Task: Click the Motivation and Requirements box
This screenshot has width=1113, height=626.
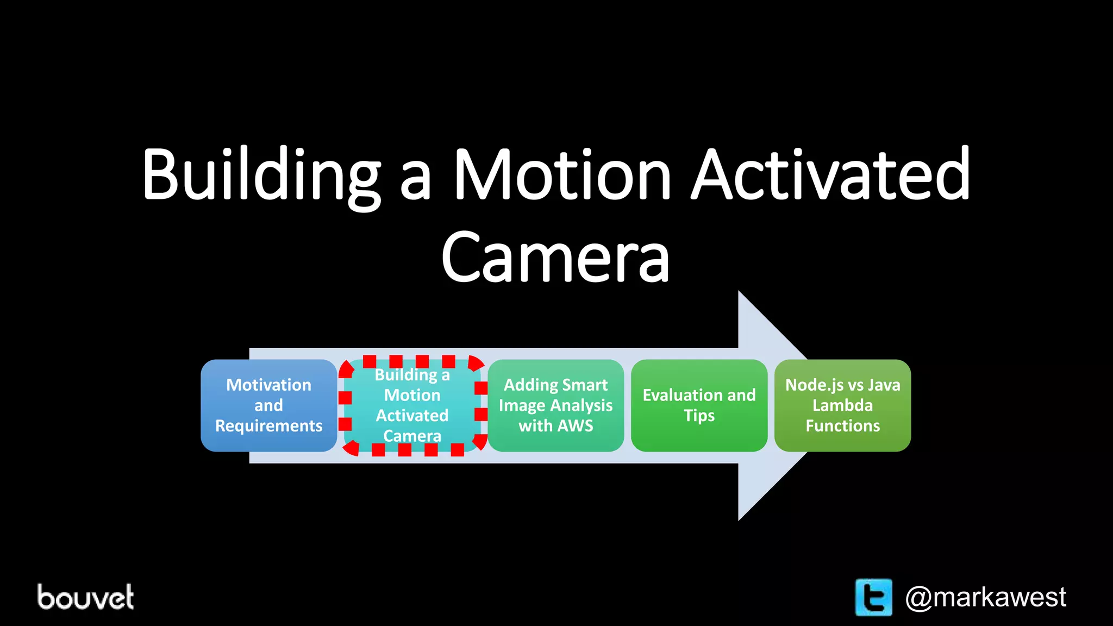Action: pos(268,405)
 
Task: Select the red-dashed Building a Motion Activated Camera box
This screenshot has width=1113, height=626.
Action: pos(412,405)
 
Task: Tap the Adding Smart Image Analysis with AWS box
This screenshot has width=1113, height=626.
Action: pos(555,405)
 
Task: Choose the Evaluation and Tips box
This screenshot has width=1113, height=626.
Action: pos(699,405)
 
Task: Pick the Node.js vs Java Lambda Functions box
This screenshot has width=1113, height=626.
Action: pos(842,405)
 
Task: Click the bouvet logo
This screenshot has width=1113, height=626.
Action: pos(85,597)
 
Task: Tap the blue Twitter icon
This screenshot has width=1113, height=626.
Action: pos(873,597)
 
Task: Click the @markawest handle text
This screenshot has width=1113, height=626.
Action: pos(985,597)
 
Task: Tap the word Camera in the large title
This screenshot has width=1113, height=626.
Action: pos(555,257)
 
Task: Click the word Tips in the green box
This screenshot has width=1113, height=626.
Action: pos(699,416)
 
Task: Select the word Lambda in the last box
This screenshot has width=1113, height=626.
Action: pos(842,405)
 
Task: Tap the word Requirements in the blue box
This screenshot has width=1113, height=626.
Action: pos(268,425)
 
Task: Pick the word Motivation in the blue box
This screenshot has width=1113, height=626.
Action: pos(268,385)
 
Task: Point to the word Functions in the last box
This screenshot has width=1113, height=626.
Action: pos(842,425)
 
